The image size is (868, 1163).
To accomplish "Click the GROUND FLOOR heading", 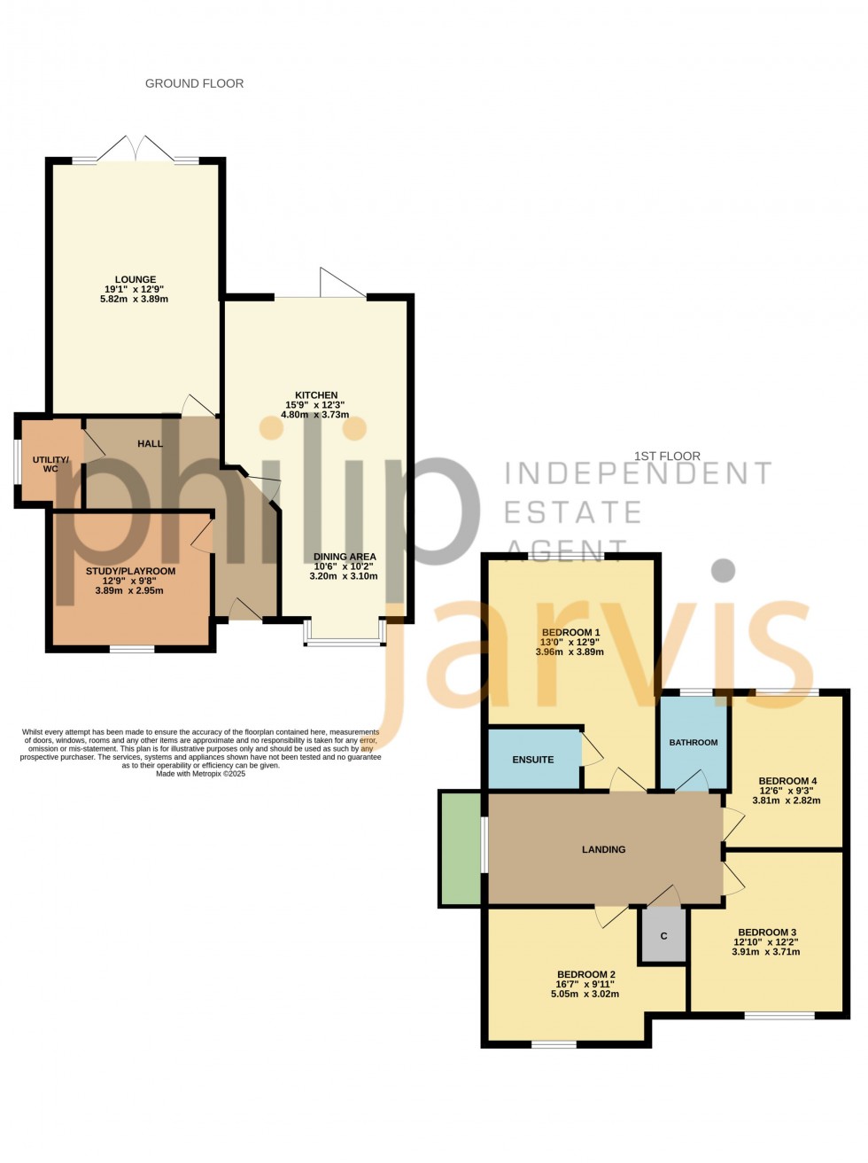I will click(194, 83).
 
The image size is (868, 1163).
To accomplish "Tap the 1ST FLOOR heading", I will click(667, 457).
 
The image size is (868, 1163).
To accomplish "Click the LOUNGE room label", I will click(135, 280).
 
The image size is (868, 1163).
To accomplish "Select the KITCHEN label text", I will click(316, 395).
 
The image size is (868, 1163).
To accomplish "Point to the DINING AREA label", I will click(345, 557).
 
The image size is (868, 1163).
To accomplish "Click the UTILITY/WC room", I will click(50, 464).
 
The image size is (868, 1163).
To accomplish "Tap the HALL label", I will click(150, 443).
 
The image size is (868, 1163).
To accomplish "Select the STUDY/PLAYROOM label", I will click(130, 572).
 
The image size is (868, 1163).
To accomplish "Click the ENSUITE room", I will click(533, 760).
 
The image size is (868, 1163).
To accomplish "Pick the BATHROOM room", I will click(694, 742).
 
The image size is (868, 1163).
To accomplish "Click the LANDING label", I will click(603, 849).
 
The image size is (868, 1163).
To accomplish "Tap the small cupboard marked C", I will click(663, 936).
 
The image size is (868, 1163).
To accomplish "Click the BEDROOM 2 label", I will click(585, 974).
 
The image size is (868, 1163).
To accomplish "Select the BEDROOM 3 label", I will click(767, 932).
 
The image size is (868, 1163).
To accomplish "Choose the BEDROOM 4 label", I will click(787, 781).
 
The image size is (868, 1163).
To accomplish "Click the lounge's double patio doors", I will click(136, 151).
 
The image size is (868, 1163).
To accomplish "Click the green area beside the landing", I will click(461, 848).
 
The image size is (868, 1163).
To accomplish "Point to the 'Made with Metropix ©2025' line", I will click(200, 774).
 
